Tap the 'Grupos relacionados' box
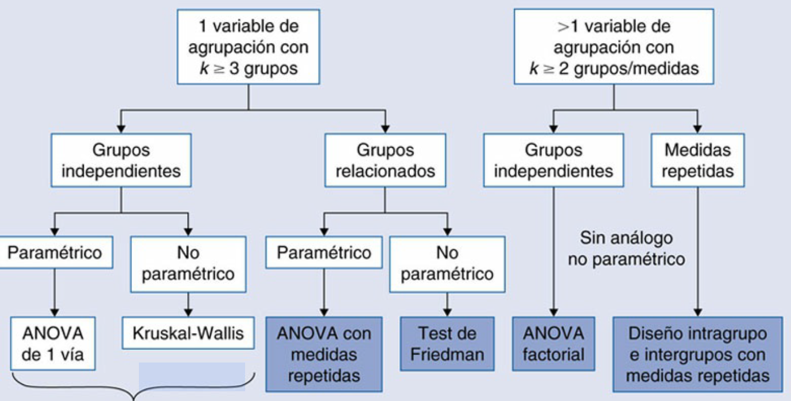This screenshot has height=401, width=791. point(385,160)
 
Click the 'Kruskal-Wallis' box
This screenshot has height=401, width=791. point(188,333)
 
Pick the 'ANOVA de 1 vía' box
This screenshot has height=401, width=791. point(53,344)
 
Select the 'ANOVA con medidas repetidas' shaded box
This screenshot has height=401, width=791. point(324,354)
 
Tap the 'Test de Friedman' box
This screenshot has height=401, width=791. point(447,344)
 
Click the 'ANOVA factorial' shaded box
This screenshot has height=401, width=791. point(553,344)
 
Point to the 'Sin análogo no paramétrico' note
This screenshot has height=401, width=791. point(626,248)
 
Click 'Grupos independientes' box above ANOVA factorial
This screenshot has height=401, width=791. point(553,160)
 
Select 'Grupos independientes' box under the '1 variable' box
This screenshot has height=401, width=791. point(121,160)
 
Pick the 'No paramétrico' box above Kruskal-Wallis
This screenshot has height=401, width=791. point(188,263)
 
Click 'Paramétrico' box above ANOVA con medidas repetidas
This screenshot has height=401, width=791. point(324,253)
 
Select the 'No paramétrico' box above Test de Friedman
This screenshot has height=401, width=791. point(447,263)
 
